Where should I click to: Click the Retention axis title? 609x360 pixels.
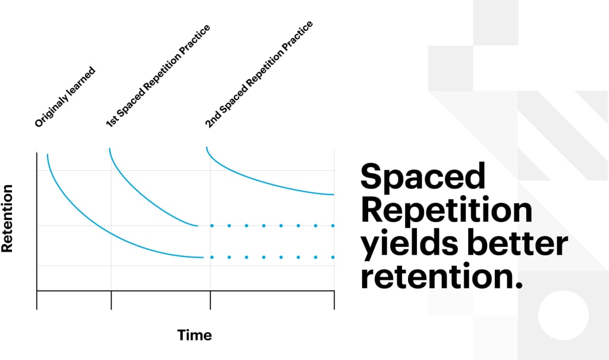point(8,218)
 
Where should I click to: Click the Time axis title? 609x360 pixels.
point(194,335)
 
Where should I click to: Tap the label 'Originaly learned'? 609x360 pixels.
point(65,97)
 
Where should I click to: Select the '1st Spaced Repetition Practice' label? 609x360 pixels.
point(158,76)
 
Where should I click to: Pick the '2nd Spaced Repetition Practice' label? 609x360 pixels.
point(259,74)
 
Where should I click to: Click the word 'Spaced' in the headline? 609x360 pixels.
point(423,177)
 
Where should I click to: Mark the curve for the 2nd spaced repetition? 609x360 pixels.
point(268,178)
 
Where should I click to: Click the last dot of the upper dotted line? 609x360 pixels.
point(333,226)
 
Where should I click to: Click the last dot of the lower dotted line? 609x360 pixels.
point(333,257)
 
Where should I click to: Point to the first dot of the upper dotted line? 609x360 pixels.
point(212,226)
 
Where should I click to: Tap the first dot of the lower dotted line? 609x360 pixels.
point(212,257)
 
